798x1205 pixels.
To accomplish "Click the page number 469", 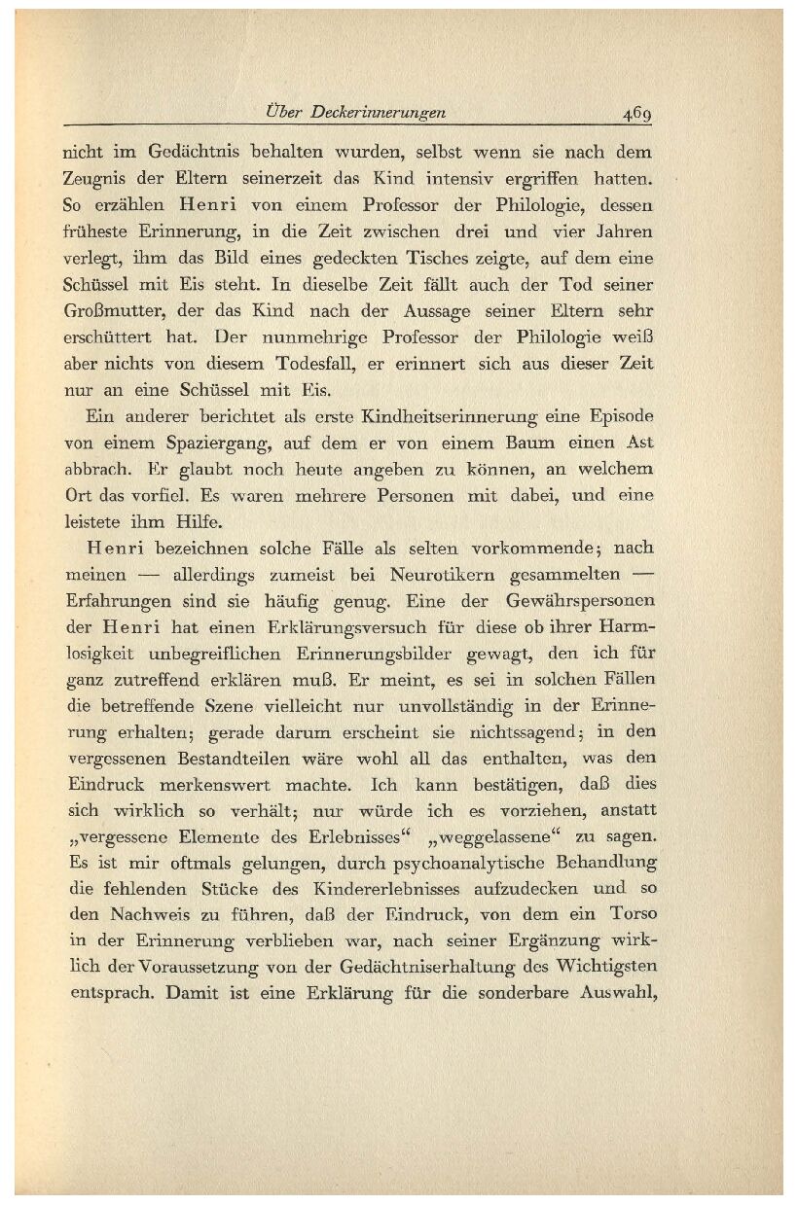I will click(637, 113).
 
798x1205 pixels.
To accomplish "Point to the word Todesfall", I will click(344, 365).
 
